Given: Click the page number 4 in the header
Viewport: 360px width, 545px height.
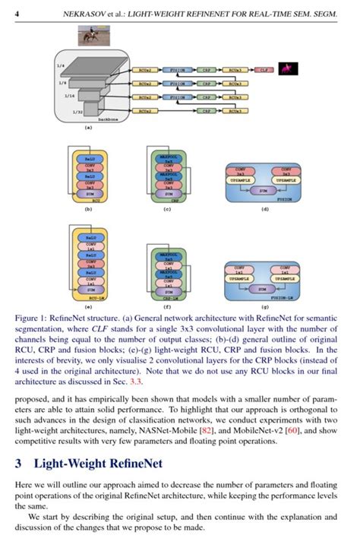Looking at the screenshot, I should (x=17, y=13).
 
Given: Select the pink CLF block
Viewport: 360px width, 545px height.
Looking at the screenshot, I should (x=262, y=69).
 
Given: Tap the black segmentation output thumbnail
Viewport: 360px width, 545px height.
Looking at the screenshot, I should (x=289, y=69).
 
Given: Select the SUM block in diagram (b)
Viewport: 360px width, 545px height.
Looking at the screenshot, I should (x=89, y=193).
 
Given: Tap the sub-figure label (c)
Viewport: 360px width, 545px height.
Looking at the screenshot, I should (x=168, y=208).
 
